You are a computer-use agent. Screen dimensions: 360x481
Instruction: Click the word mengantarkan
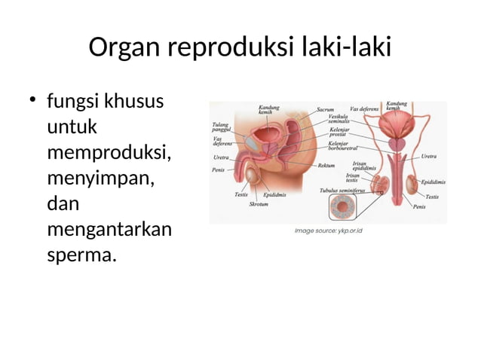(109, 229)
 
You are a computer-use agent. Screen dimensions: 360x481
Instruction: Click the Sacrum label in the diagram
(326, 109)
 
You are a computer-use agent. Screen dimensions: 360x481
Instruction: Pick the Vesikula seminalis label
(339, 119)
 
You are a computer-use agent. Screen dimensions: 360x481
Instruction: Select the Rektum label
(327, 166)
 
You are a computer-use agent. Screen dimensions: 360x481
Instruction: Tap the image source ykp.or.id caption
(329, 230)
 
